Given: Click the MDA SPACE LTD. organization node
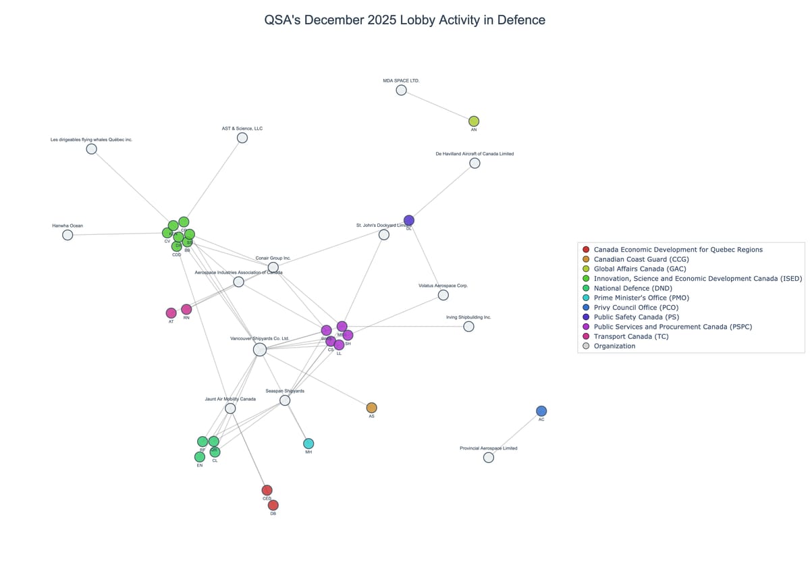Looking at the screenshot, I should (401, 90).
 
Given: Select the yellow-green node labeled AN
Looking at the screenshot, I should (474, 122).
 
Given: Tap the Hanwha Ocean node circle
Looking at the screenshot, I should (67, 235).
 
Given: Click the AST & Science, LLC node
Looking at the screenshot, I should (242, 138).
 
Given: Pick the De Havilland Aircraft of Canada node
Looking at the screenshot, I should (475, 163).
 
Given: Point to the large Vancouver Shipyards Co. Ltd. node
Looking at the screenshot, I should (260, 350).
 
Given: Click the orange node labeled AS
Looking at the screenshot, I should (371, 408).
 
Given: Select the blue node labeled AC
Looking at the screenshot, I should (541, 411).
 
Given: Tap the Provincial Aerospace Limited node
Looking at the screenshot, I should (489, 458).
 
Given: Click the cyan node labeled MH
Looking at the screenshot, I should (308, 443).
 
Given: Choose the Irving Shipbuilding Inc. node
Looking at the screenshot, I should (468, 327).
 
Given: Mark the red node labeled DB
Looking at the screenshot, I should (273, 505).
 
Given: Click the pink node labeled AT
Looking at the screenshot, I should (171, 313).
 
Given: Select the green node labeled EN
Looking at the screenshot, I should (200, 457).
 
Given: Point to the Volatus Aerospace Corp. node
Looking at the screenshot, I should (443, 295).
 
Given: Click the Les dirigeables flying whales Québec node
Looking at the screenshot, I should (92, 149).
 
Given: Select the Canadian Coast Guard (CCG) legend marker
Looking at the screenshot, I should (586, 259).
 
